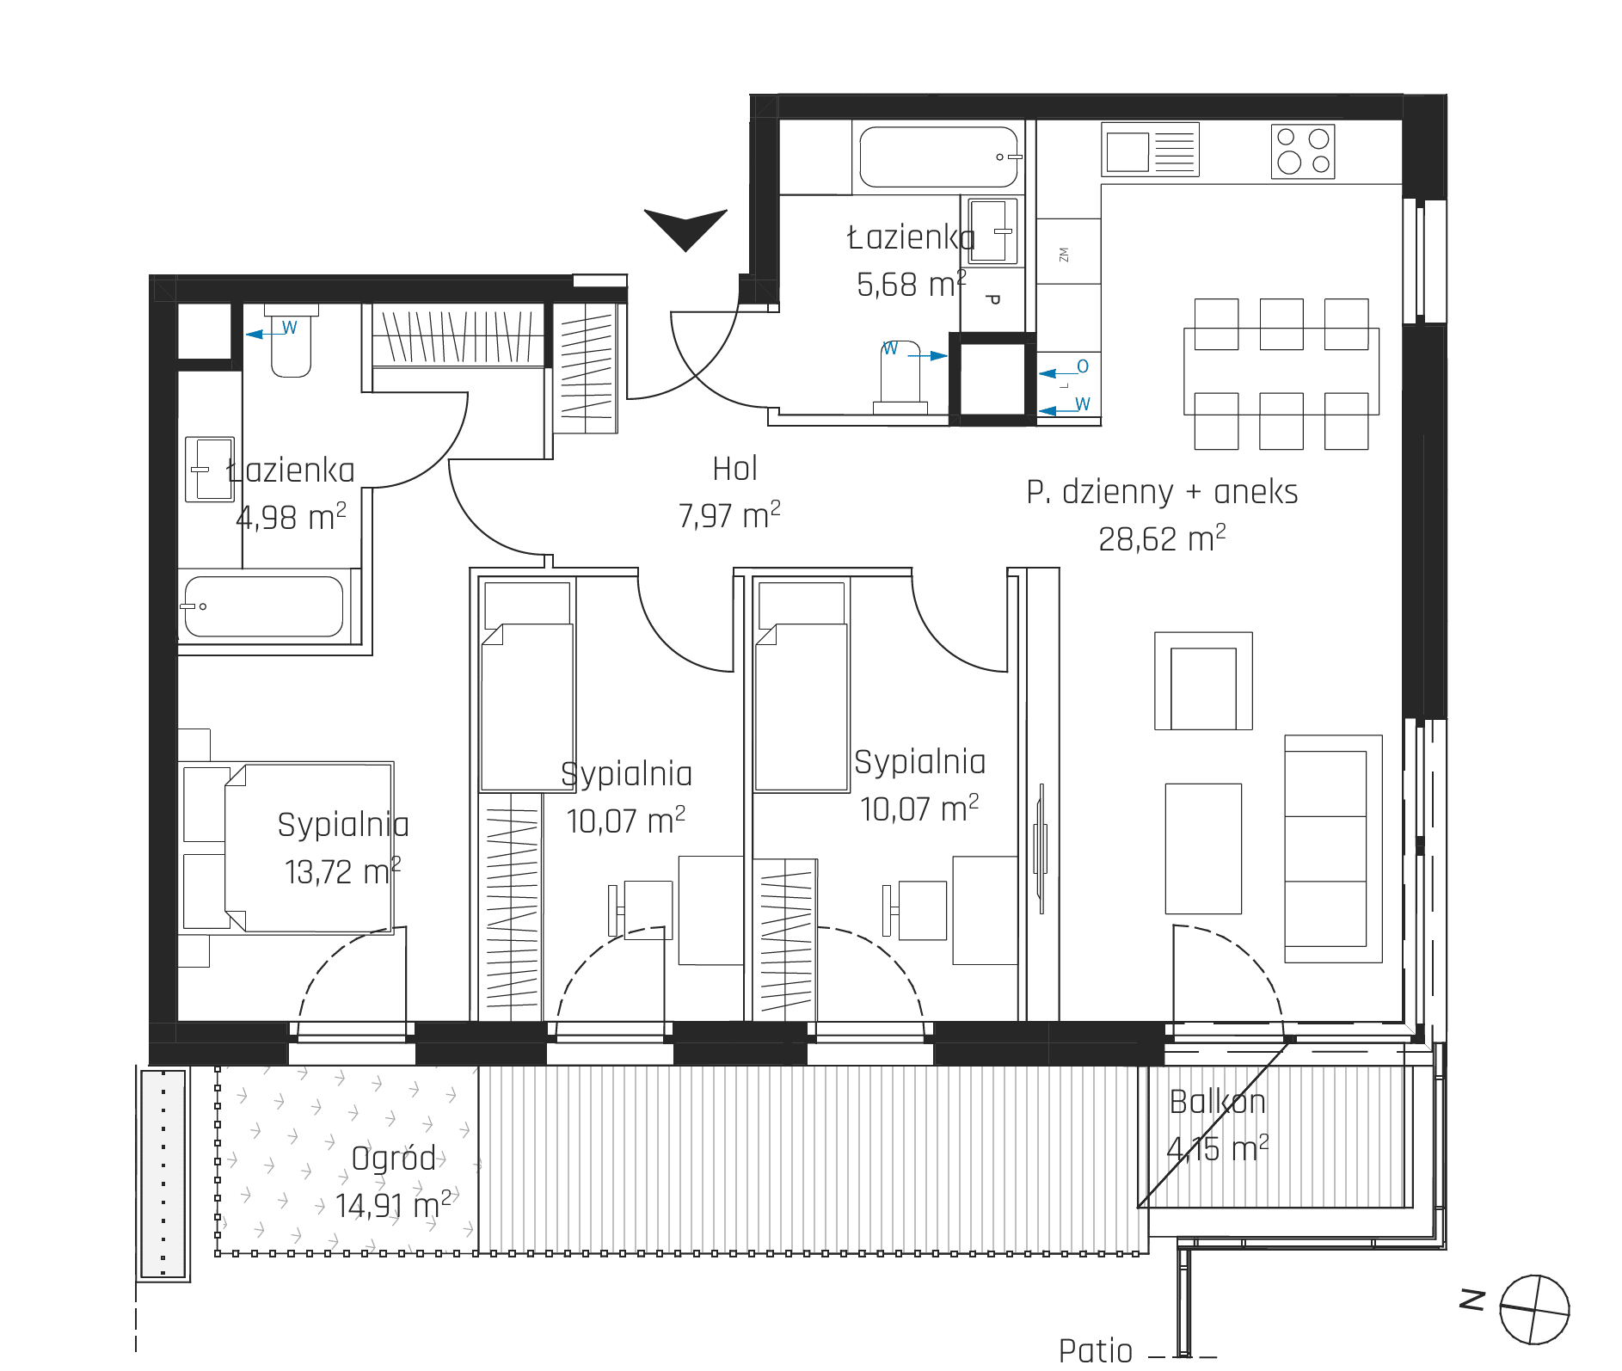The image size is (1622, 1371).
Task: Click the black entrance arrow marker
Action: (x=685, y=225)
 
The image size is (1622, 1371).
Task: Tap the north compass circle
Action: (x=1534, y=1310)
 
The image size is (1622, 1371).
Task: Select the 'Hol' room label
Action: (x=735, y=469)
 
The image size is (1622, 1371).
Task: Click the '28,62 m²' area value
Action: (x=1162, y=538)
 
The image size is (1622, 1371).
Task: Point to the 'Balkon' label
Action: (x=1217, y=1102)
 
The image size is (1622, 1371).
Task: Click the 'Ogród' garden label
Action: (x=394, y=1159)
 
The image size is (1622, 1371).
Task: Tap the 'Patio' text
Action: (x=1096, y=1349)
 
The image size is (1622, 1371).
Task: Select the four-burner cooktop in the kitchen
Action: (x=1303, y=151)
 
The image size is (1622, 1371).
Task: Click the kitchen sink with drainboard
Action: (x=1151, y=150)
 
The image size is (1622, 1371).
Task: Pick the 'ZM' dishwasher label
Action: (x=1064, y=255)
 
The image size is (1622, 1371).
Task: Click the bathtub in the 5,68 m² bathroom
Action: (x=940, y=157)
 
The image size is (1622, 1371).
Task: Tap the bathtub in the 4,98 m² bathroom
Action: (x=263, y=606)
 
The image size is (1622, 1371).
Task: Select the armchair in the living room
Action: (x=1203, y=681)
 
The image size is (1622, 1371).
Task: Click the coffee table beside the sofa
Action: (x=1203, y=848)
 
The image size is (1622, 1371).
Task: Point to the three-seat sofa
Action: (x=1333, y=848)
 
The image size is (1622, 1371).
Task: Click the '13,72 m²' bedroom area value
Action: (x=342, y=871)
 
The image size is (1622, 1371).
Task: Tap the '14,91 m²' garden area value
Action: (x=393, y=1205)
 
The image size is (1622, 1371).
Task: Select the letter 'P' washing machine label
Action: (x=992, y=300)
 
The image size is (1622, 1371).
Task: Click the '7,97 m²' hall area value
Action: (x=729, y=515)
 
